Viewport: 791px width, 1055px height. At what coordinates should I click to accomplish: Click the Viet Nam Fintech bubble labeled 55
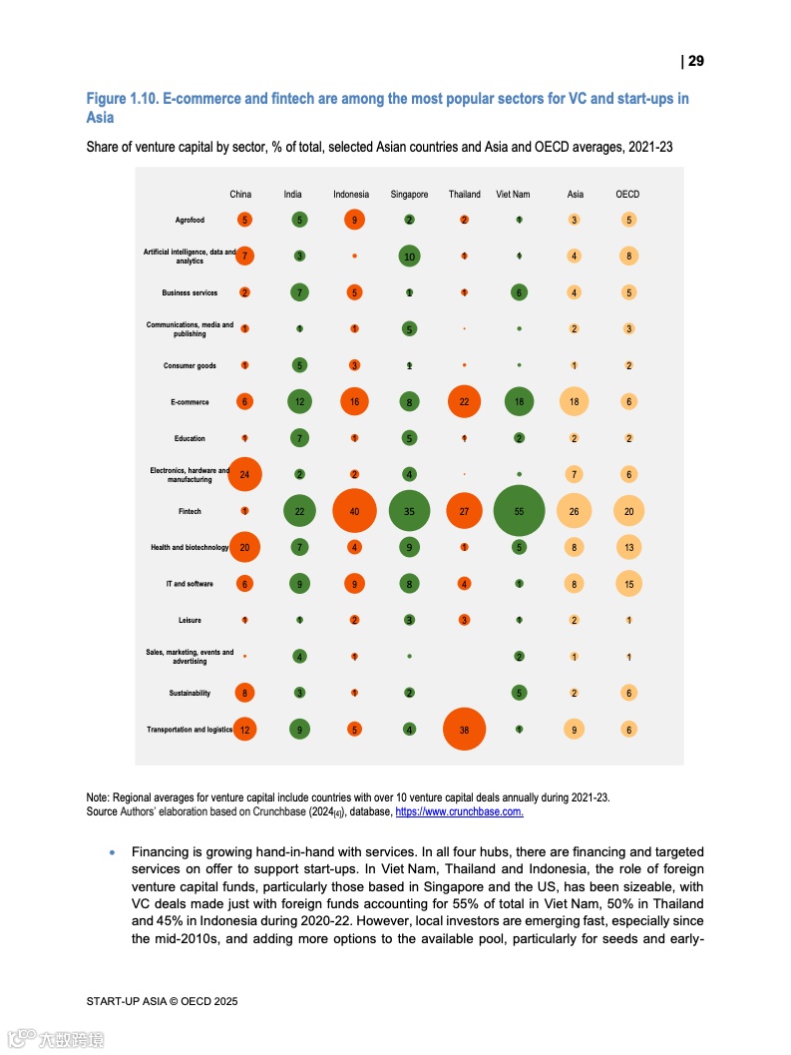519,511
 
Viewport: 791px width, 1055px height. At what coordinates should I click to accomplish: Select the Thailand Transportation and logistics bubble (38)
464,730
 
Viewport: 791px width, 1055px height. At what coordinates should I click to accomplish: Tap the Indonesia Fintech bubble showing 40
354,511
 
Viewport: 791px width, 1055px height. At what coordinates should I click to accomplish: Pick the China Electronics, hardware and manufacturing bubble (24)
244,474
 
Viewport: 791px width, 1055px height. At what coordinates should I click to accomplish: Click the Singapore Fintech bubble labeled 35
409,511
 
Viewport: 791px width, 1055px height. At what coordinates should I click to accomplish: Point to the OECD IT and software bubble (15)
628,584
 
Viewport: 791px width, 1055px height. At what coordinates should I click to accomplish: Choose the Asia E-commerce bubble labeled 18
574,401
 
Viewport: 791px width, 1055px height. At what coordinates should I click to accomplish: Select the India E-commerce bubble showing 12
299,401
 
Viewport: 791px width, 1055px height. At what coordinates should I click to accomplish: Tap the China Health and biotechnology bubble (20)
244,547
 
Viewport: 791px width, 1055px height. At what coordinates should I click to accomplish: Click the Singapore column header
409,195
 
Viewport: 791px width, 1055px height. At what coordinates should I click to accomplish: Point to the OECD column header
627,195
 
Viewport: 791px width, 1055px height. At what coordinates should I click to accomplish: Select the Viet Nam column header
513,195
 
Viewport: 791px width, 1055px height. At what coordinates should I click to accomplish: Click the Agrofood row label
190,220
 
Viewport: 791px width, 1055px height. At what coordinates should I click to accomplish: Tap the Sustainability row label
190,693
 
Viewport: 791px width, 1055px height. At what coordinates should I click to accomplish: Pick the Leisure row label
190,621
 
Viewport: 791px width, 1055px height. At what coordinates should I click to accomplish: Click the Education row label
190,438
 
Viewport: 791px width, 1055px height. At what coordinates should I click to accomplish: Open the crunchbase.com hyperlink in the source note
459,812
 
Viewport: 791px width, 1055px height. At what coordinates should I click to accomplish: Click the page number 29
695,62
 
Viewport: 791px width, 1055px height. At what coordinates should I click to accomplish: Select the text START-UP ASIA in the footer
124,1000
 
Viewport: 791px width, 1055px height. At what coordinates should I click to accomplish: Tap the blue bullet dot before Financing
113,853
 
